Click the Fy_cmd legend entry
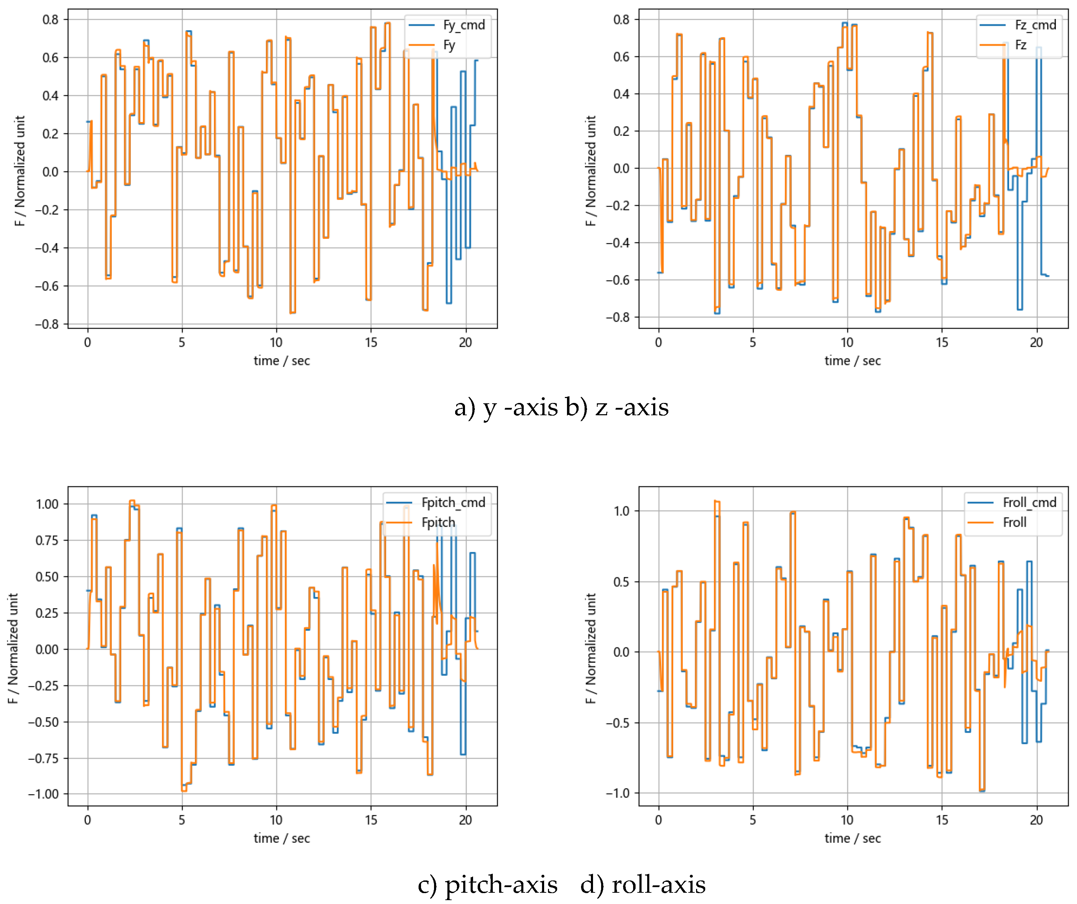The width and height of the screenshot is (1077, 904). pyautogui.click(x=463, y=25)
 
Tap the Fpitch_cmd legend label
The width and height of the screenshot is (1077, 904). pyautogui.click(x=453, y=502)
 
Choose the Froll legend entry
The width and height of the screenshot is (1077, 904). pyautogui.click(x=1014, y=522)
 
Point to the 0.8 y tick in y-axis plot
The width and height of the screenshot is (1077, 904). pyautogui.click(x=50, y=19)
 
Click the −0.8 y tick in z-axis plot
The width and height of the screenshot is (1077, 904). pyautogui.click(x=618, y=318)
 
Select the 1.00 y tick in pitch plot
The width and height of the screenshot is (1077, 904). pyautogui.click(x=47, y=504)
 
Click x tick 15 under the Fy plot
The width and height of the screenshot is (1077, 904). pyautogui.click(x=371, y=342)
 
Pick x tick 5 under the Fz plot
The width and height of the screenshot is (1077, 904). pyautogui.click(x=752, y=342)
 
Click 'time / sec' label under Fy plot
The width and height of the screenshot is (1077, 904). pyautogui.click(x=281, y=361)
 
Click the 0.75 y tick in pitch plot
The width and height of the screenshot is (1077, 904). pyautogui.click(x=47, y=540)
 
